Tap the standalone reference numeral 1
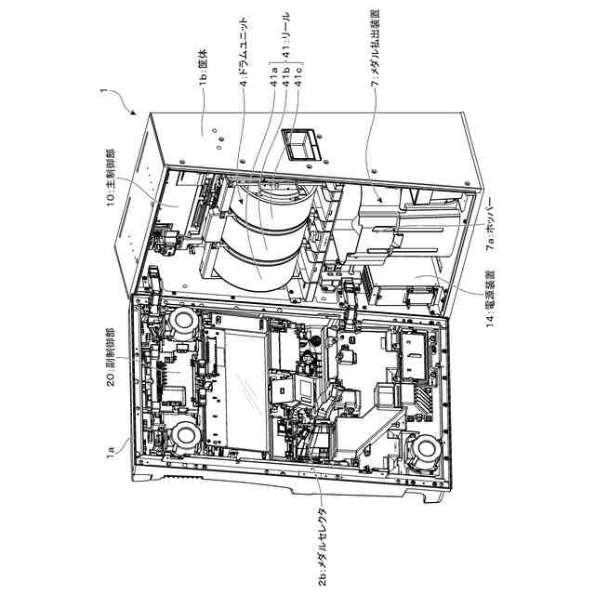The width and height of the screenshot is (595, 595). click(x=103, y=92)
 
